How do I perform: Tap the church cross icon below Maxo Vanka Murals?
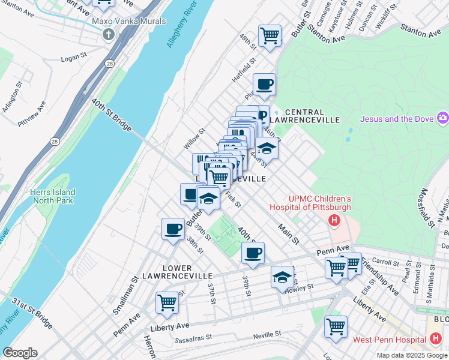(x=109, y=34)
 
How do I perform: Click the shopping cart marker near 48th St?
(x=270, y=35)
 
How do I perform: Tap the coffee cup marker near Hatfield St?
(x=264, y=84)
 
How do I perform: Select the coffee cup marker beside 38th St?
(x=173, y=229)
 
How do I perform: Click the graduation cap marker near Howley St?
(x=282, y=277)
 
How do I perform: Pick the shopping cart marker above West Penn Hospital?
(x=336, y=327)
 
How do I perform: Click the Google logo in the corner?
(x=20, y=353)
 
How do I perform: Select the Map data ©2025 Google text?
(x=411, y=355)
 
